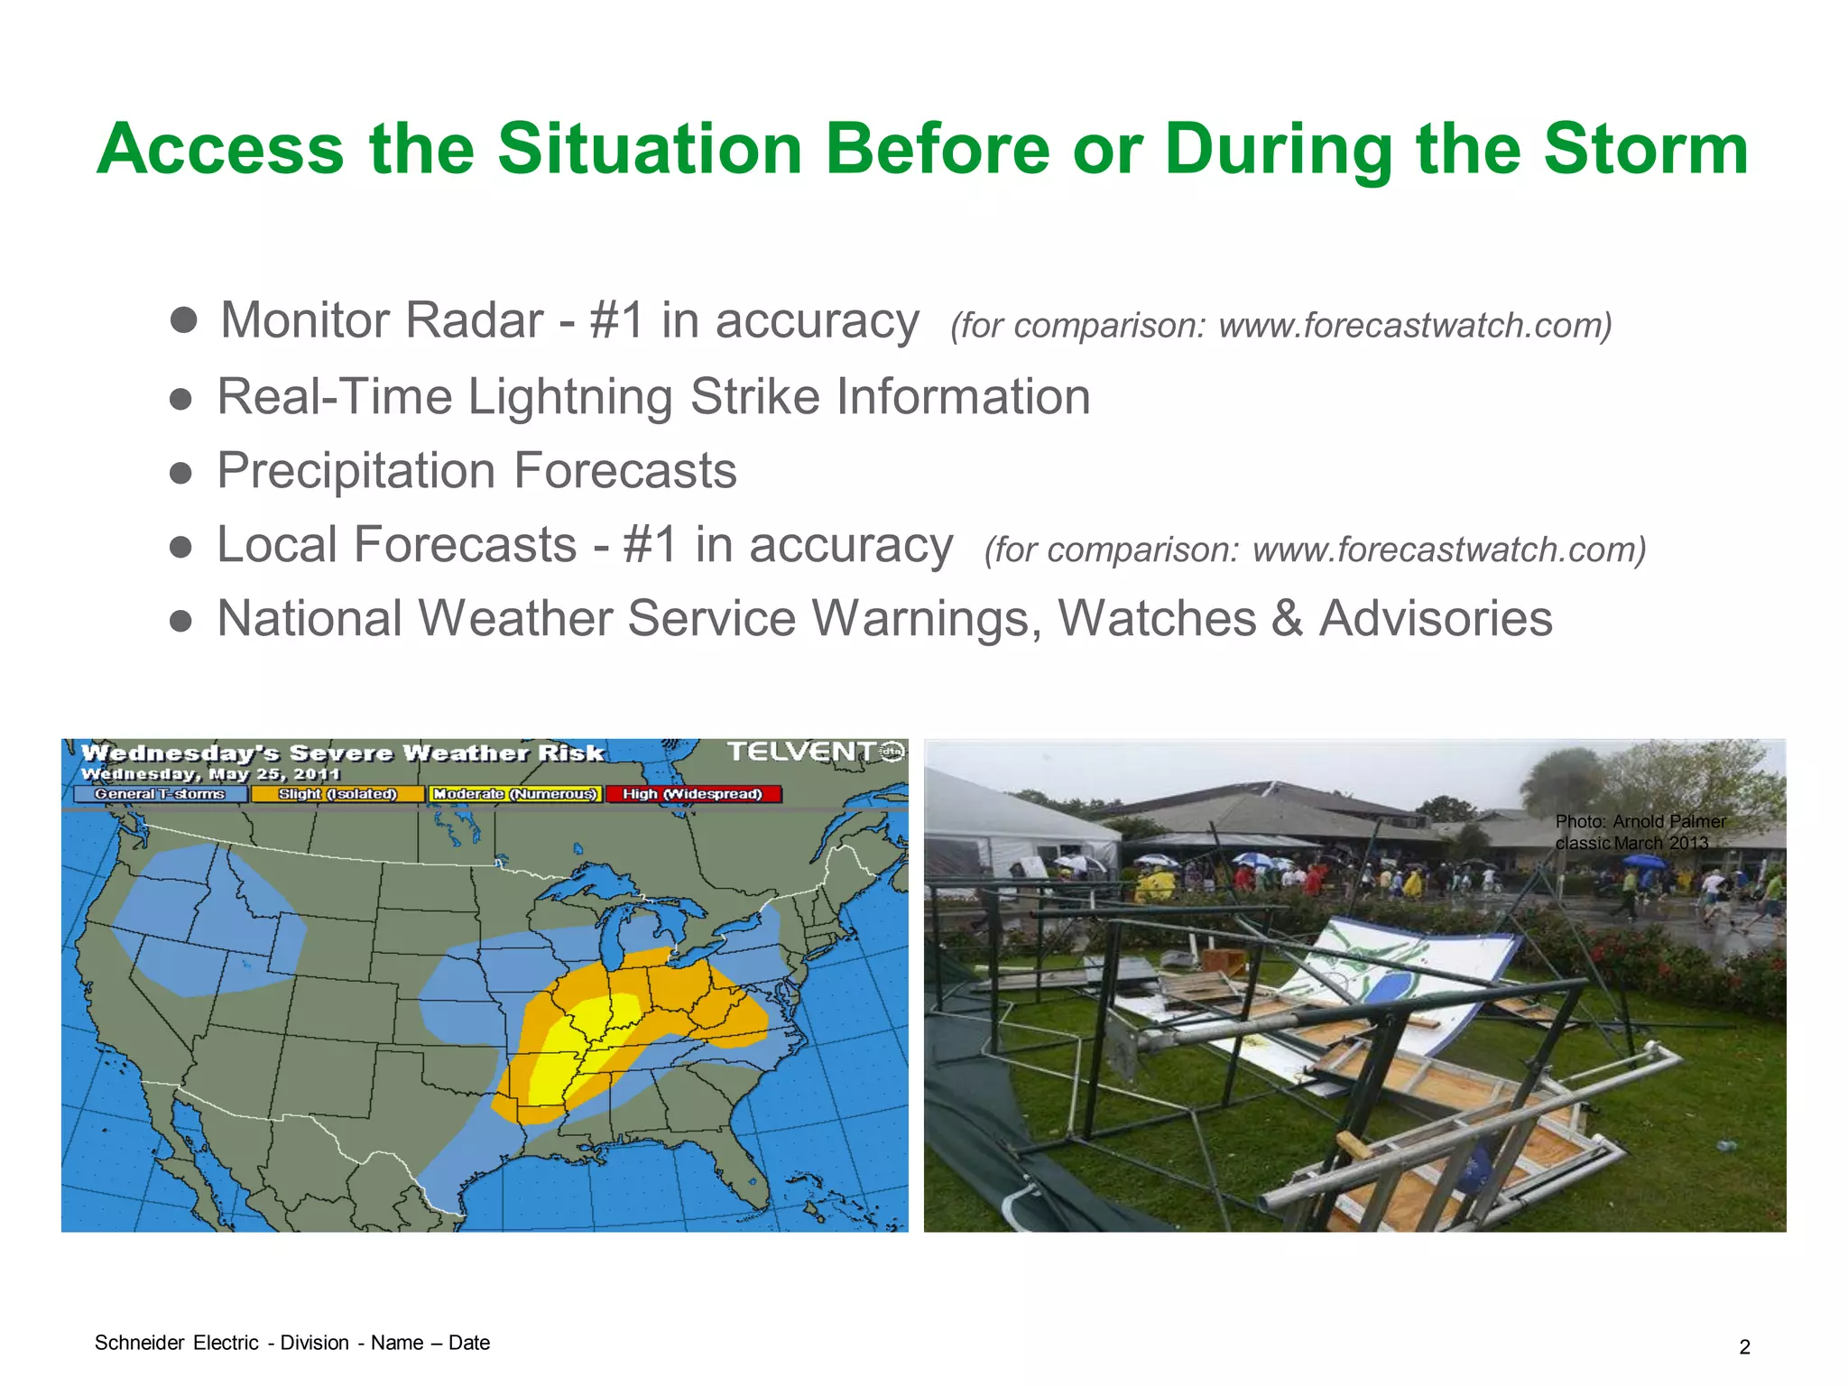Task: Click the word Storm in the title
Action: [x=1646, y=149]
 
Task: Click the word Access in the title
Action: [x=220, y=149]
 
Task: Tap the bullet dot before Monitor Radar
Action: [x=183, y=319]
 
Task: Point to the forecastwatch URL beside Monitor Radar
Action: [x=1413, y=326]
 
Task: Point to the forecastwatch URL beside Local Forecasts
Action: [x=1447, y=550]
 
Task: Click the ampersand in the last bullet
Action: [x=1288, y=619]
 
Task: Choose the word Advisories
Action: [x=1436, y=619]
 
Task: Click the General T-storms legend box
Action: [x=160, y=794]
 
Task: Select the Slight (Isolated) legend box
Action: [x=337, y=794]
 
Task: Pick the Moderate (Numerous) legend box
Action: [x=514, y=794]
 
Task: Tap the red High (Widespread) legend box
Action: [x=692, y=794]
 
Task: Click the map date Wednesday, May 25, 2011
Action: [x=210, y=774]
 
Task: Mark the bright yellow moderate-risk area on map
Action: [x=577, y=1047]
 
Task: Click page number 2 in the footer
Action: [x=1744, y=1347]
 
